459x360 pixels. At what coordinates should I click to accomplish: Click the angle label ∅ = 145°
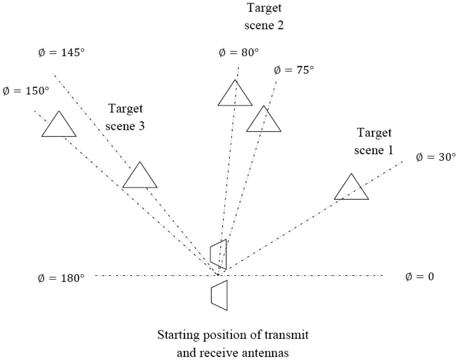62,52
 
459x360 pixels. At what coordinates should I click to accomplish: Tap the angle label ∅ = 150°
26,91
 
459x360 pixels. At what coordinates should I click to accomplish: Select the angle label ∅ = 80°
238,52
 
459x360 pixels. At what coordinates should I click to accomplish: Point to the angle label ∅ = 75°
294,70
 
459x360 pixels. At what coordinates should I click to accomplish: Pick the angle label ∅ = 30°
436,157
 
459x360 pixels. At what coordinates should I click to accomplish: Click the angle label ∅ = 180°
62,278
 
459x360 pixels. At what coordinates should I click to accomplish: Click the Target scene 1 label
375,141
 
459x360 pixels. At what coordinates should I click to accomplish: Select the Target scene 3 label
125,117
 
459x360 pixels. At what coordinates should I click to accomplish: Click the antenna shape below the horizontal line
219,293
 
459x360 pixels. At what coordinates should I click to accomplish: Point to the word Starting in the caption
178,335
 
